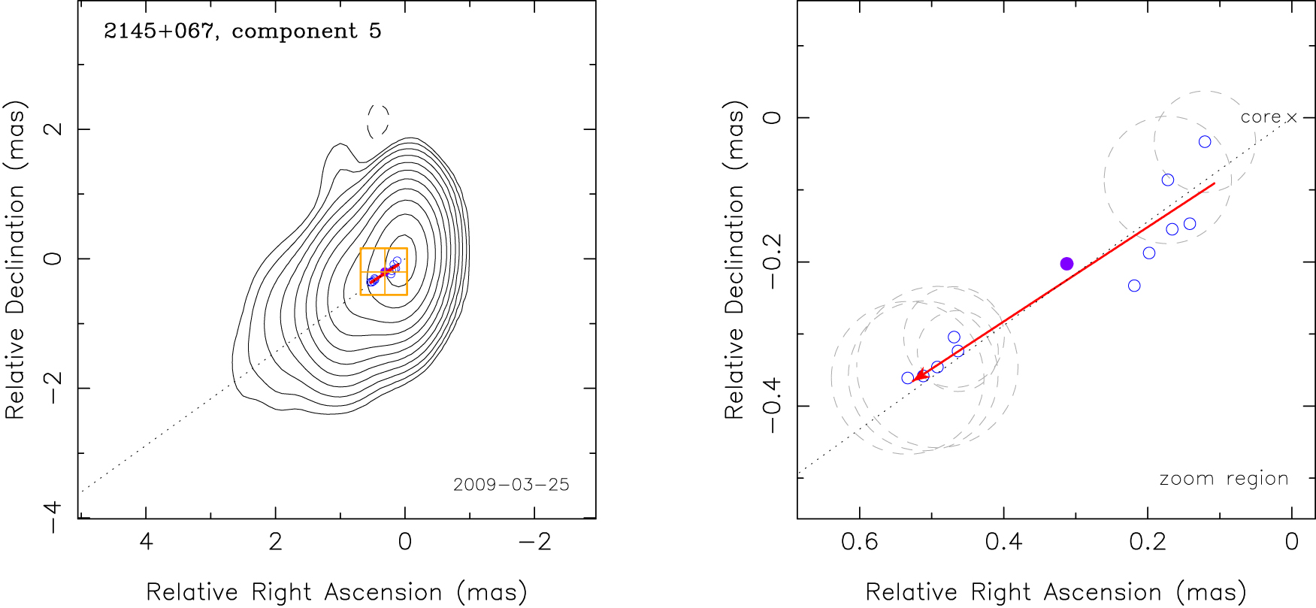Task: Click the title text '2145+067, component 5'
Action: pos(242,31)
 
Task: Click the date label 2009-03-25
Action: pos(511,485)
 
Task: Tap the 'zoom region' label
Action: pos(1224,479)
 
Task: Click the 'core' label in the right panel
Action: pos(1260,117)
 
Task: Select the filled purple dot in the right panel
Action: pos(1066,264)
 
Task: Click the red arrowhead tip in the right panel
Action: pos(912,382)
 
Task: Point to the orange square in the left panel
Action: pos(384,271)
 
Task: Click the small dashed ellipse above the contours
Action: pos(378,121)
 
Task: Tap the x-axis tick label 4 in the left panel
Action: pos(146,541)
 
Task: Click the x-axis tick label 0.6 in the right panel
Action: pos(859,541)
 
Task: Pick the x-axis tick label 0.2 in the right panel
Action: pos(1148,541)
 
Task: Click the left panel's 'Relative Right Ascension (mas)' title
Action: pos(336,592)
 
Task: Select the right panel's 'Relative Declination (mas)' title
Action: pos(734,260)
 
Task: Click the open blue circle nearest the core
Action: pos(1205,142)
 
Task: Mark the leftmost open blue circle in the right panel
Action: pos(908,378)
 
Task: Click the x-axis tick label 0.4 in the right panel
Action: pos(1003,541)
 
